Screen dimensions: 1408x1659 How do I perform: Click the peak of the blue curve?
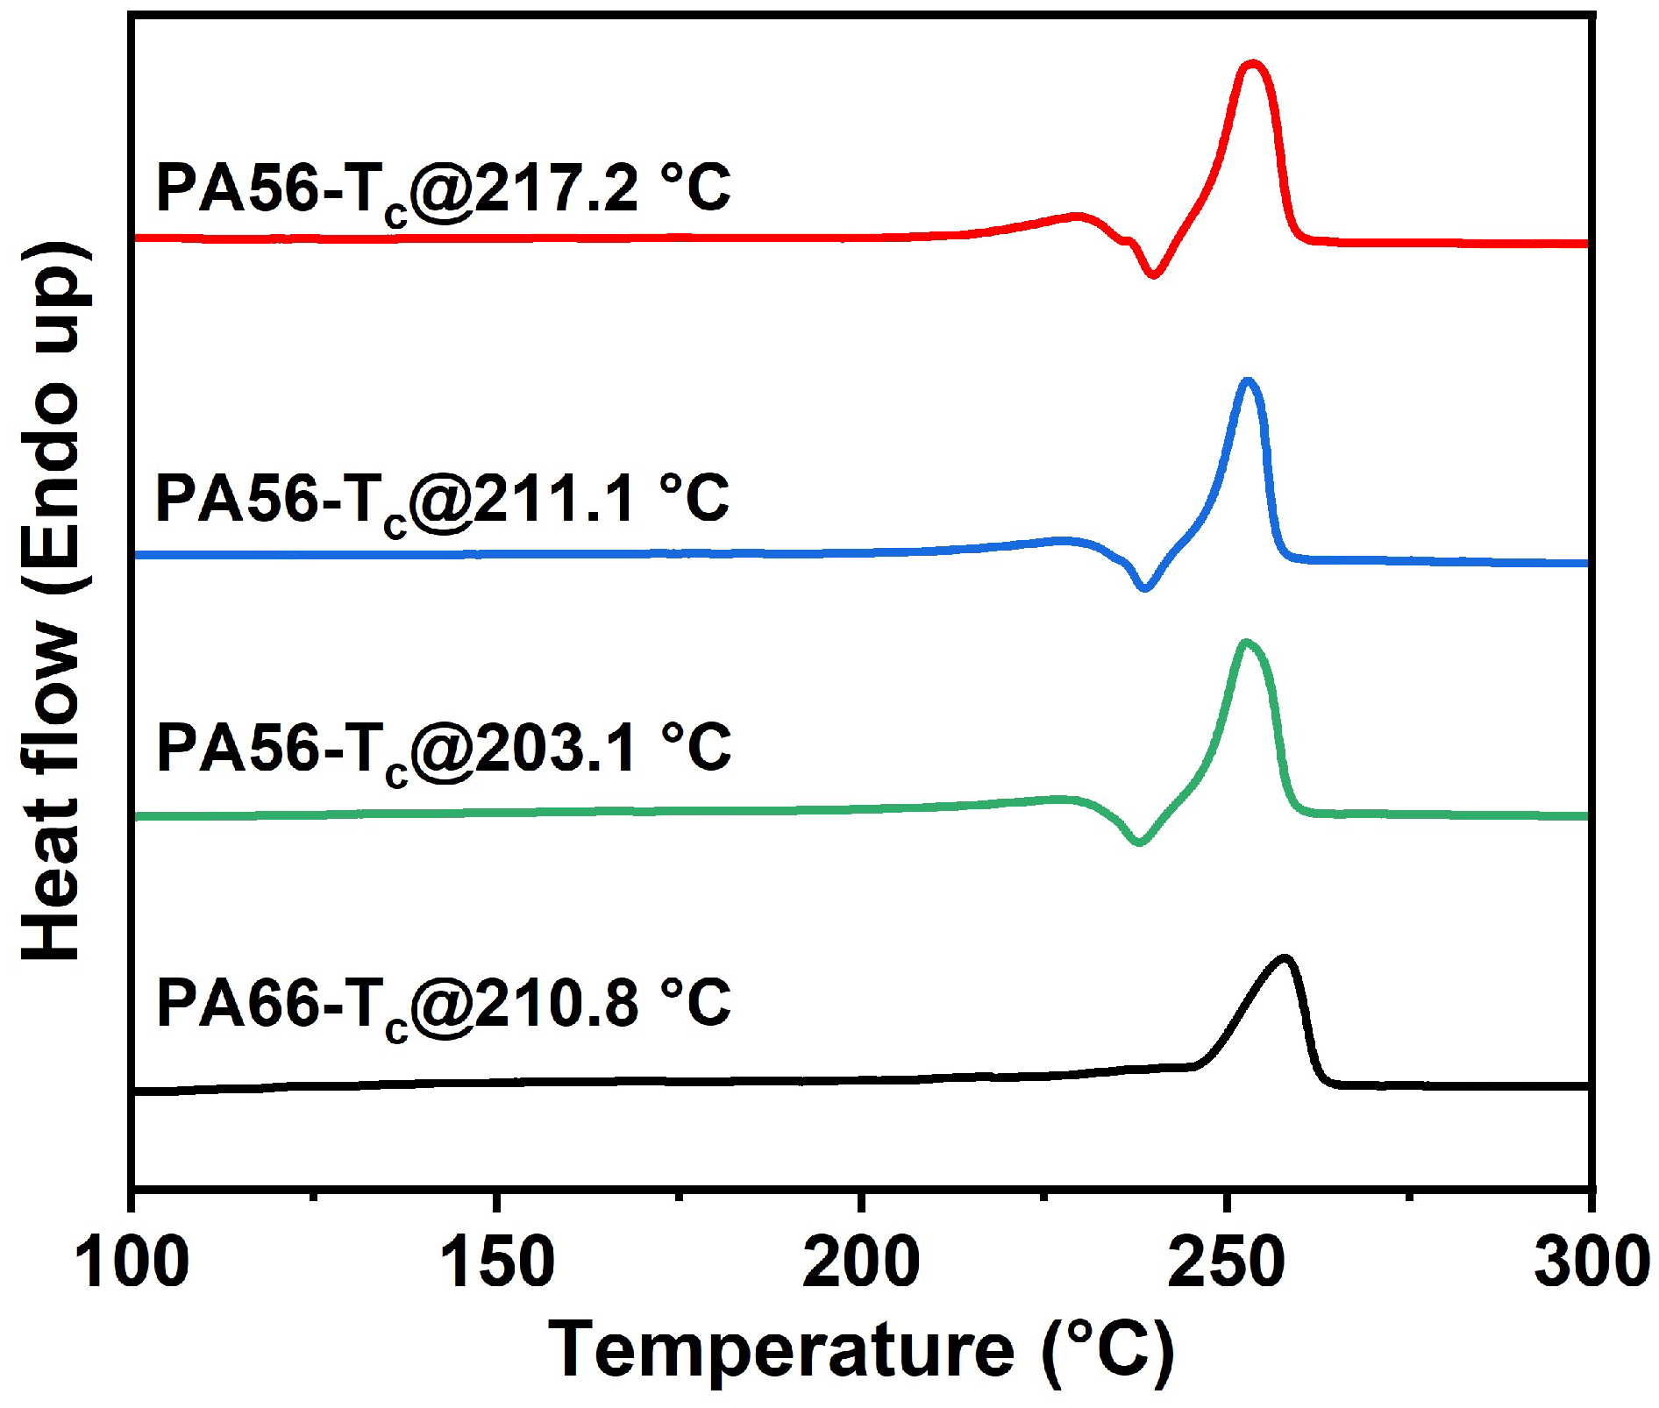pyautogui.click(x=1247, y=381)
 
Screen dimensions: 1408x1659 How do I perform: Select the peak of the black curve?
pyautogui.click(x=1285, y=958)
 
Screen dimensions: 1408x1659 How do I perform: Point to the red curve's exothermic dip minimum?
pyautogui.click(x=1153, y=275)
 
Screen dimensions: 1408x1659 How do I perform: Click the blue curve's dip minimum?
pyautogui.click(x=1143, y=587)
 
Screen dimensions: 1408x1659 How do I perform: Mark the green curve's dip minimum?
pyautogui.click(x=1139, y=843)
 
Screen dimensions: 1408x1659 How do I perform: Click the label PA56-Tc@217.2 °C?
pyautogui.click(x=443, y=190)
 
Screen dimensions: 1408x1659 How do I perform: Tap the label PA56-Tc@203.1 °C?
pyautogui.click(x=443, y=752)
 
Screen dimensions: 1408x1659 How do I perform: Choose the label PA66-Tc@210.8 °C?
pyautogui.click(x=443, y=1006)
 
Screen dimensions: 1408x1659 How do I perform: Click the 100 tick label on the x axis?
pyautogui.click(x=132, y=1263)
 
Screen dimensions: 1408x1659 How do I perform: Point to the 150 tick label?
pyautogui.click(x=496, y=1263)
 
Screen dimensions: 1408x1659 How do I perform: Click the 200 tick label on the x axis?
pyautogui.click(x=861, y=1263)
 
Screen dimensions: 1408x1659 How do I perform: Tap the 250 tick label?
pyautogui.click(x=1226, y=1263)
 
